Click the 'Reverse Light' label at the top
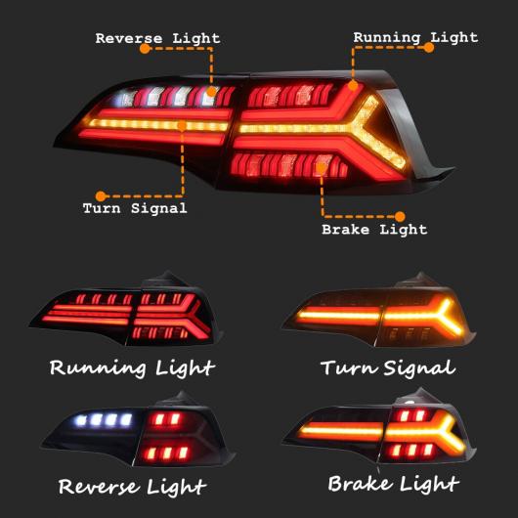click(157, 38)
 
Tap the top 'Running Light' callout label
click(415, 37)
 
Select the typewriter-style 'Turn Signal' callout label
click(135, 208)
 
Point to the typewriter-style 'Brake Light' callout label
click(374, 230)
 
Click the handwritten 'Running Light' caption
click(132, 368)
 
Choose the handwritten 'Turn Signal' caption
click(388, 367)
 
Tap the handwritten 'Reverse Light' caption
click(133, 487)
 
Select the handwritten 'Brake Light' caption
click(394, 484)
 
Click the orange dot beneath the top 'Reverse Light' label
click(145, 49)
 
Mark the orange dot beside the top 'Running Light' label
click(428, 48)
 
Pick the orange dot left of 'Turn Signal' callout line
click(101, 196)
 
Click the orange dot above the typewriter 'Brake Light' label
click(400, 217)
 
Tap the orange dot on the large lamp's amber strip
click(182, 125)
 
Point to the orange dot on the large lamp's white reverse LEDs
click(212, 91)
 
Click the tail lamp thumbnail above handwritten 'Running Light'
click(126, 310)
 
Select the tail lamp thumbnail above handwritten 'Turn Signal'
click(379, 311)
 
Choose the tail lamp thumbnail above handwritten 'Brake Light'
click(379, 427)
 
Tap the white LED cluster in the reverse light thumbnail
click(104, 420)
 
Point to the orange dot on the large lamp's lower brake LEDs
click(321, 168)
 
